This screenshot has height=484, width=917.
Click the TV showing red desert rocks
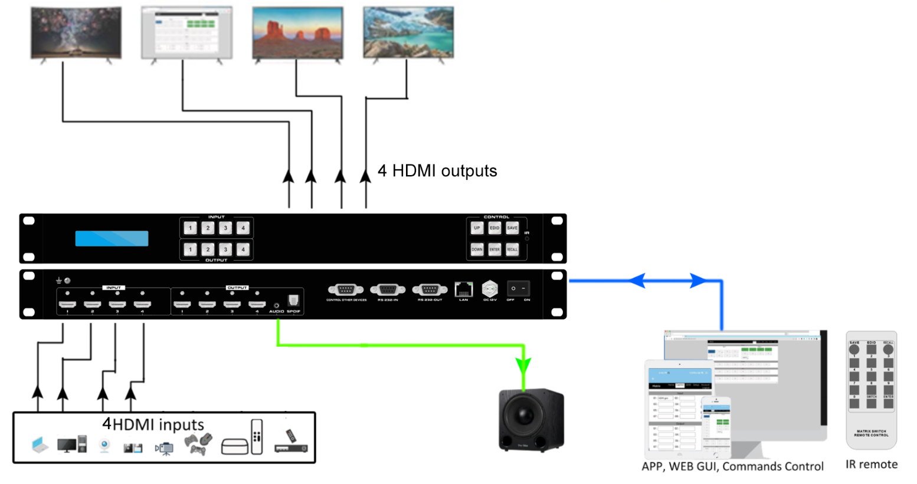pyautogui.click(x=297, y=33)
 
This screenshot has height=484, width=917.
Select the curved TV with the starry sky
pyautogui.click(x=76, y=33)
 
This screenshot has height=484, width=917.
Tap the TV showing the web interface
pyautogui.click(x=186, y=33)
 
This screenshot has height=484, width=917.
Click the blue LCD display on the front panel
pyautogui.click(x=112, y=238)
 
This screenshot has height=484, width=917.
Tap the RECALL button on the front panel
pyautogui.click(x=512, y=249)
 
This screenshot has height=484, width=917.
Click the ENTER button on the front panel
pyautogui.click(x=494, y=249)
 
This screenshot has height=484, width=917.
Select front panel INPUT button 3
pyautogui.click(x=225, y=228)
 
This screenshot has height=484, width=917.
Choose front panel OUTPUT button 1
pyautogui.click(x=190, y=250)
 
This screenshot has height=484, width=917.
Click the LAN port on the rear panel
pyautogui.click(x=464, y=289)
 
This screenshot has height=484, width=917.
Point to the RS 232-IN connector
pyautogui.click(x=387, y=289)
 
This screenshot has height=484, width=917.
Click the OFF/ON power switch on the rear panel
pyautogui.click(x=518, y=288)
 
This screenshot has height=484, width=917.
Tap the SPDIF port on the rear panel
pyautogui.click(x=293, y=301)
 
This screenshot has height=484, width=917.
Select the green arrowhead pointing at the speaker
pyautogui.click(x=523, y=366)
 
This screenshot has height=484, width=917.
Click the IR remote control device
pyautogui.click(x=871, y=389)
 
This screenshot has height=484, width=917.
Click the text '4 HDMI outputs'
pyautogui.click(x=437, y=171)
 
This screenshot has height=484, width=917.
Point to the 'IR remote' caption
pyautogui.click(x=871, y=465)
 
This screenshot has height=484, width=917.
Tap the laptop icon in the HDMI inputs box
pyautogui.click(x=40, y=445)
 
